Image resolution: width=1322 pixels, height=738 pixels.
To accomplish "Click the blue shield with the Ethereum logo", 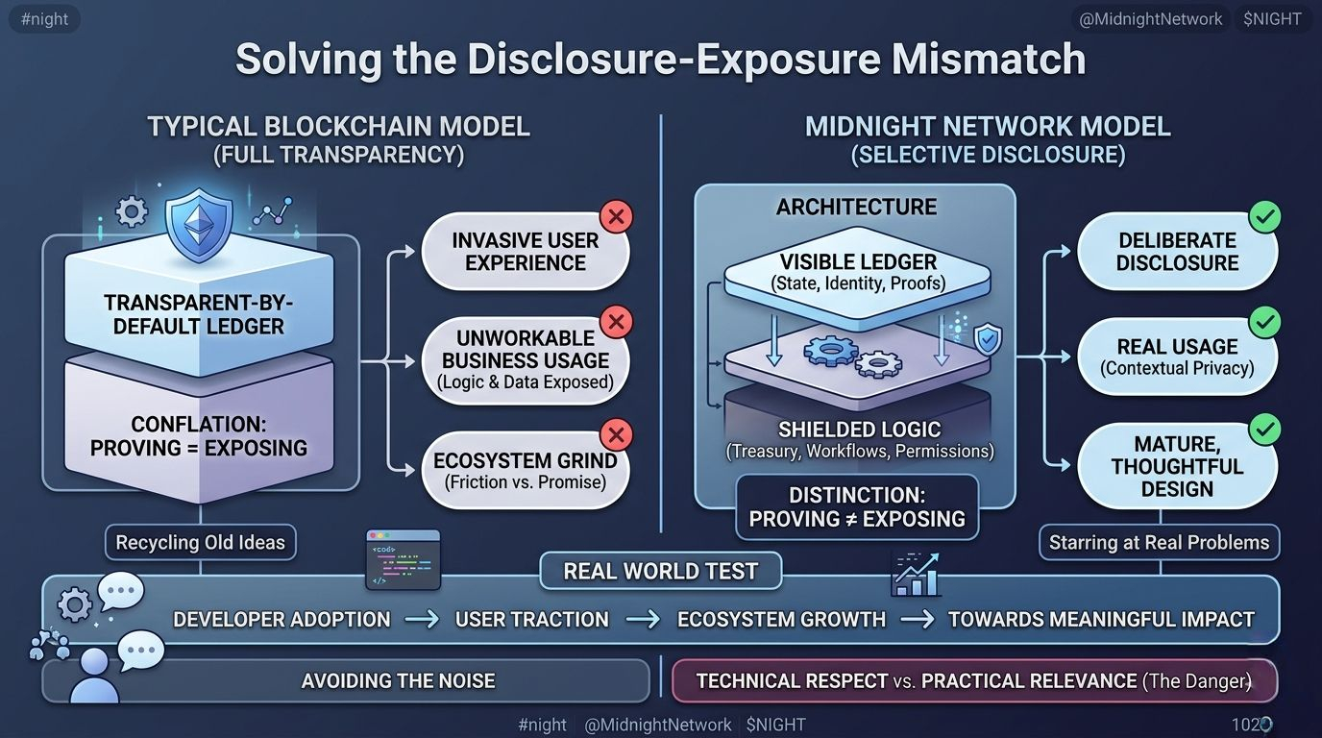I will pyautogui.click(x=200, y=225).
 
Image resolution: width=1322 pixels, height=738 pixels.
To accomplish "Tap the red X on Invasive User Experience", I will pyautogui.click(x=616, y=216).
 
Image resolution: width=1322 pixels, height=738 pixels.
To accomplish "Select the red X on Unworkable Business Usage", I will pyautogui.click(x=616, y=321).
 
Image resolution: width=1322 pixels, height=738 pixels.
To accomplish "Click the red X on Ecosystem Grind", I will pyautogui.click(x=616, y=434).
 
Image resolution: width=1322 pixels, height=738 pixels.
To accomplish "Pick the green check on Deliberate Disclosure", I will pyautogui.click(x=1264, y=217).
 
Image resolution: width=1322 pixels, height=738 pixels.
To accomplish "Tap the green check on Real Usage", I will pyautogui.click(x=1264, y=322).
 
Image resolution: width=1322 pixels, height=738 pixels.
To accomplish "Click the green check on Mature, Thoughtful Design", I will pyautogui.click(x=1264, y=429).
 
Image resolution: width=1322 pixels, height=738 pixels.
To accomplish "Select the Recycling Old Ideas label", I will pyautogui.click(x=200, y=543).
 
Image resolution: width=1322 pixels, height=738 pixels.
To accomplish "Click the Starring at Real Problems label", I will pyautogui.click(x=1159, y=543).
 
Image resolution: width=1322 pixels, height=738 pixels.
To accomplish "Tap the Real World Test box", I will pyautogui.click(x=660, y=572).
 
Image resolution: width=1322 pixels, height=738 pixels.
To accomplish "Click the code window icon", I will pyautogui.click(x=404, y=559).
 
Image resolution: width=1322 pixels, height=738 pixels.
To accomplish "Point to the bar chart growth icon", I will pyautogui.click(x=915, y=574).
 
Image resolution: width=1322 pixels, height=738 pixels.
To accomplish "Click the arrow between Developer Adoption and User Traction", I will pyautogui.click(x=423, y=620).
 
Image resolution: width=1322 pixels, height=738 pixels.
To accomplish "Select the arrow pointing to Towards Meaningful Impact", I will pyautogui.click(x=917, y=620).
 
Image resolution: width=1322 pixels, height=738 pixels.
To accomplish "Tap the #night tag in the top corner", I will pyautogui.click(x=43, y=19).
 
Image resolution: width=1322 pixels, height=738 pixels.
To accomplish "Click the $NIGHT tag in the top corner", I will pyautogui.click(x=1272, y=19).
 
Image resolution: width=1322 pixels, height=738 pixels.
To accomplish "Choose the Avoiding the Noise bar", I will pyautogui.click(x=398, y=681).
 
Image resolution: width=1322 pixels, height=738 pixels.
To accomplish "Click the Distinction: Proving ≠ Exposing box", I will pyautogui.click(x=857, y=507).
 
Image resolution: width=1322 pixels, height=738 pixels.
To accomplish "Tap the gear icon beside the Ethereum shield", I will pyautogui.click(x=132, y=211).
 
